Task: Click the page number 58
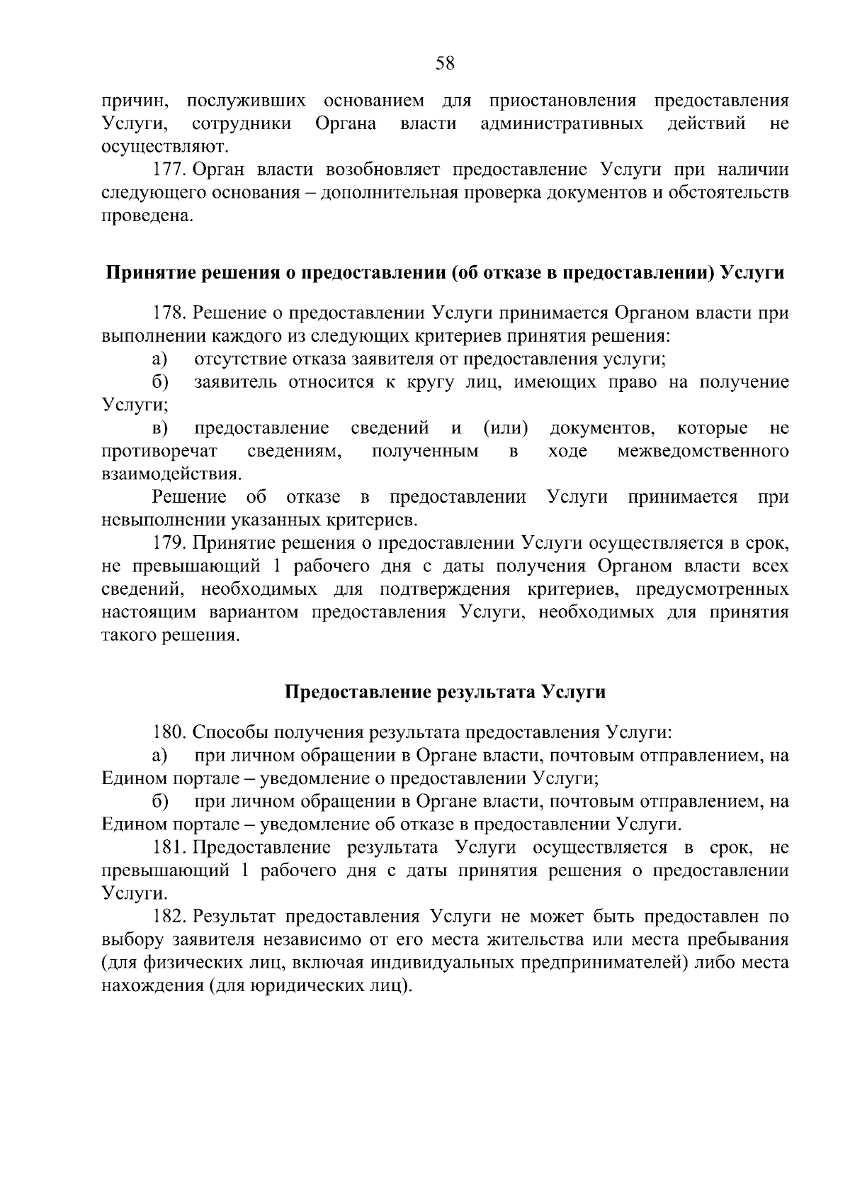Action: [444, 64]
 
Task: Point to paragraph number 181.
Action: [169, 848]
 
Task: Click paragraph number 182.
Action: [169, 917]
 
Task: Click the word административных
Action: [562, 124]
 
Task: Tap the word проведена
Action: [147, 216]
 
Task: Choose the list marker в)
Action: [161, 428]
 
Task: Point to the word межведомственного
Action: [703, 452]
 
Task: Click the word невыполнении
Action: [164, 520]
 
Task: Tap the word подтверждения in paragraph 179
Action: [445, 590]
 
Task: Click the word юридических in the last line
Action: [304, 986]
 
